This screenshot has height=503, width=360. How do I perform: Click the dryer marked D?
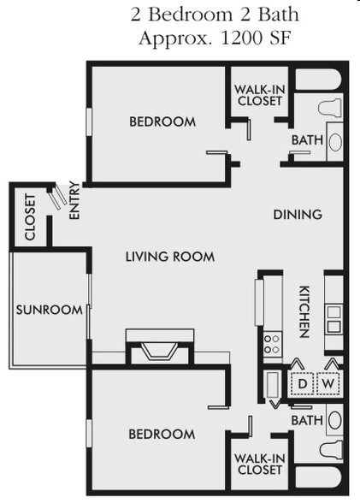click(x=302, y=383)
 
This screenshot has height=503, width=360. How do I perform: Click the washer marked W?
click(x=328, y=383)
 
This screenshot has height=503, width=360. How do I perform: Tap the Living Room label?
click(x=170, y=257)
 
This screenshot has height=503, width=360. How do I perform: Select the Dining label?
click(x=298, y=214)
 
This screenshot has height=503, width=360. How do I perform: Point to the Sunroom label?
click(x=50, y=310)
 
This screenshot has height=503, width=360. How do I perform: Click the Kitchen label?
click(x=304, y=311)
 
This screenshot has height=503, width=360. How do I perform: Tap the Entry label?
click(x=74, y=200)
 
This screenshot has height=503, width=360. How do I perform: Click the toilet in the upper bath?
click(x=329, y=108)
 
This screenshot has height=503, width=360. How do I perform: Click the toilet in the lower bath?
click(x=331, y=449)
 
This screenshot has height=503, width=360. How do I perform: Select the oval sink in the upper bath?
click(x=335, y=141)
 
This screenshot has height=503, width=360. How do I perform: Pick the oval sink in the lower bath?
click(x=335, y=420)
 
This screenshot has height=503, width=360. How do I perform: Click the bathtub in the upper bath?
click(x=318, y=80)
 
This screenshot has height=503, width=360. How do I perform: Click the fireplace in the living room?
click(x=160, y=347)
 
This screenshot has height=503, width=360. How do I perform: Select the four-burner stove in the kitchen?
click(x=273, y=344)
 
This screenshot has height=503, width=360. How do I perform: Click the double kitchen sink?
click(x=333, y=319)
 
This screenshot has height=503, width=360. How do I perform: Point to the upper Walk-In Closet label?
click(x=260, y=95)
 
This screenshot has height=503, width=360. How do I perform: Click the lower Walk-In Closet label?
click(x=260, y=465)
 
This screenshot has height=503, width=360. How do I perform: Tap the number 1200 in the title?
click(x=241, y=38)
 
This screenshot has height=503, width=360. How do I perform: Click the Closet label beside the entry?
click(x=30, y=216)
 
